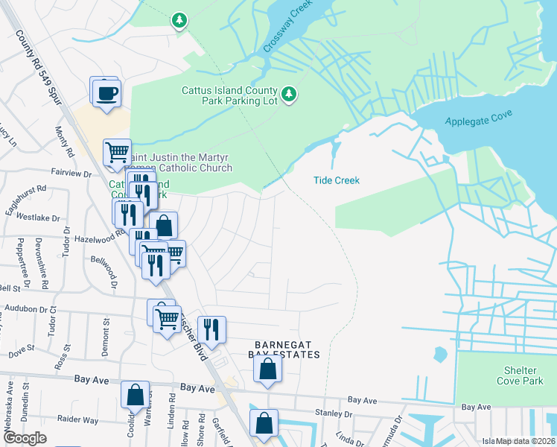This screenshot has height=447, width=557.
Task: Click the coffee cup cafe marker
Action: point(105,92)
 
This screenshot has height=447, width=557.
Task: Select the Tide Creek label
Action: point(337,180)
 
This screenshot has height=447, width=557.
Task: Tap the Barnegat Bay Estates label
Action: point(287,349)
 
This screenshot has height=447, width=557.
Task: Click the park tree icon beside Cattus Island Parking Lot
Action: point(290,95)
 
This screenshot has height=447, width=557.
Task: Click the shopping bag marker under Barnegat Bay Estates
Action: point(268,368)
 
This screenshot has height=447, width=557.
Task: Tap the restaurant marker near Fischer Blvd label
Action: point(212,329)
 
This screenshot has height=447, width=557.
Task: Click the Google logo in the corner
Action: point(24,438)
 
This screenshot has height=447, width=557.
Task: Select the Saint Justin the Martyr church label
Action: point(182,162)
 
